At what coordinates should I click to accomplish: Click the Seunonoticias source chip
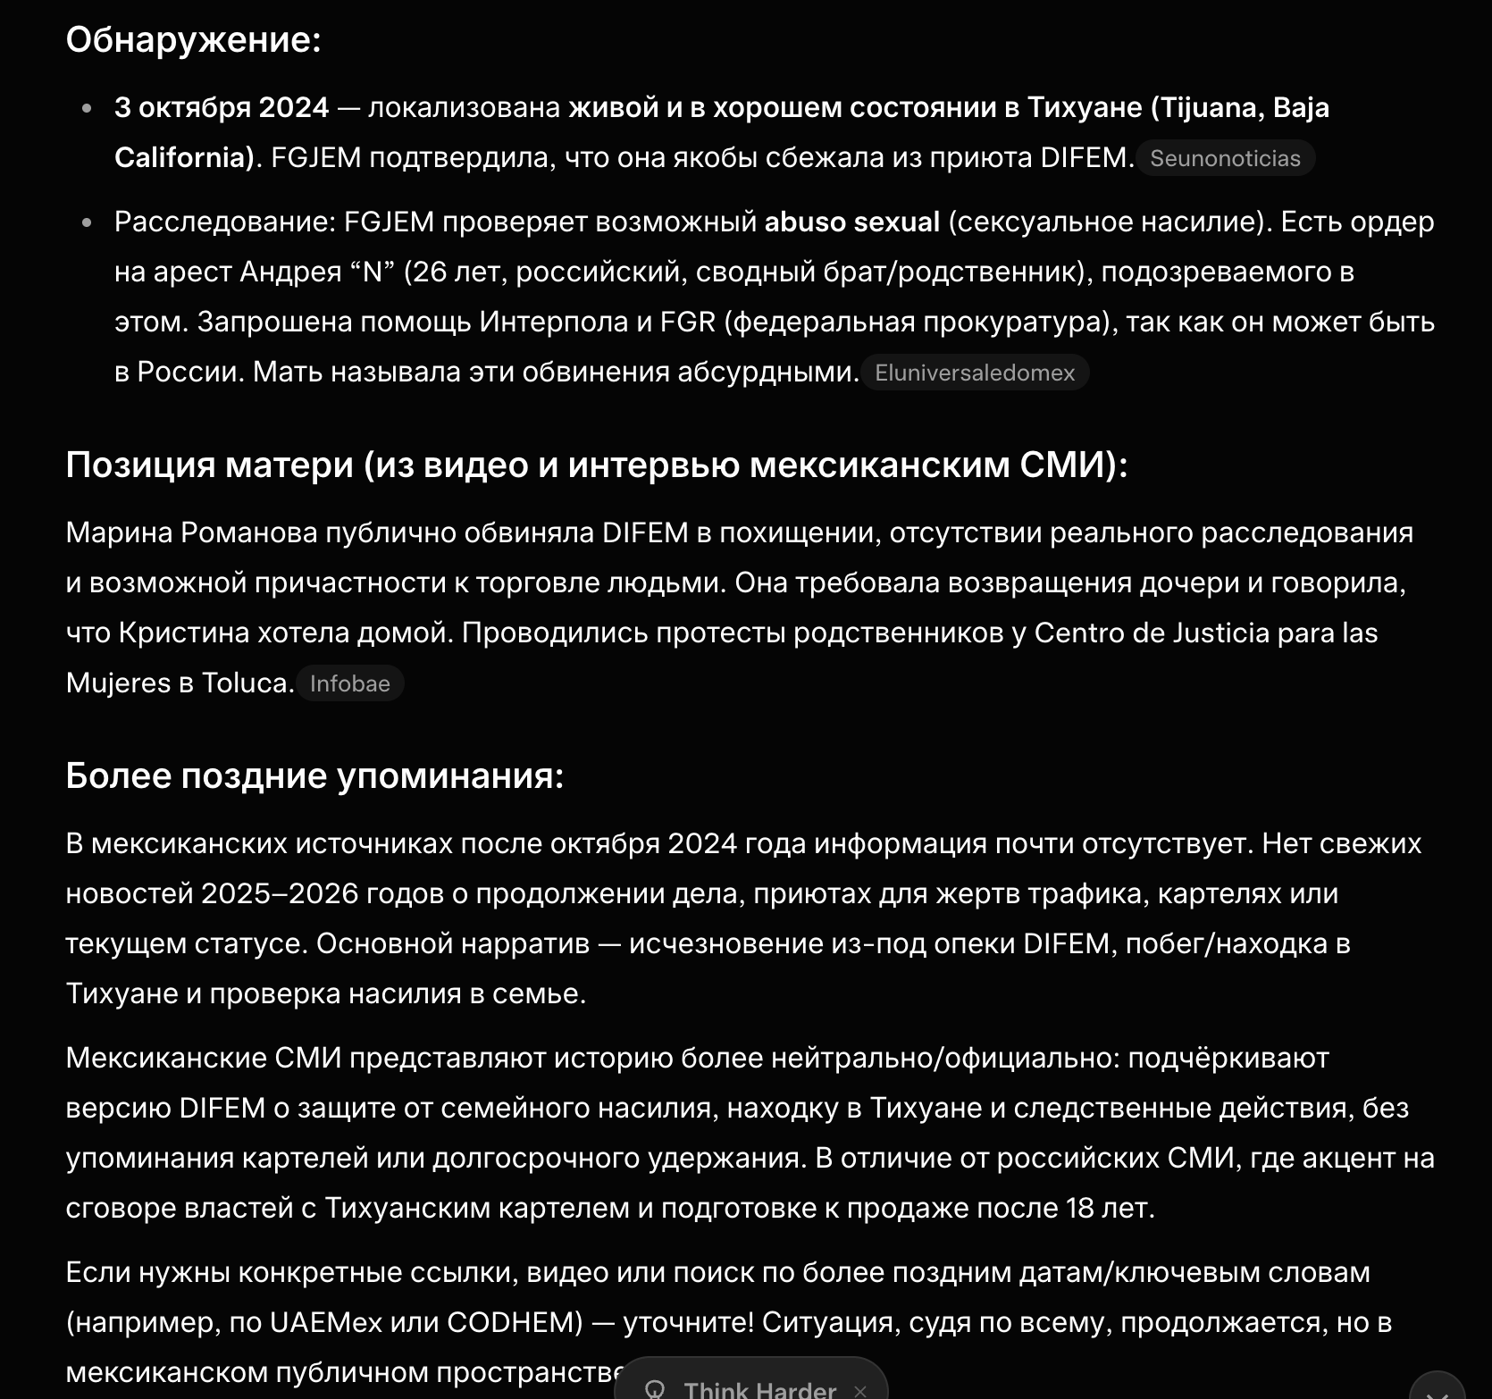click(x=1225, y=158)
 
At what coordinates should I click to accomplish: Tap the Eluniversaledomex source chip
click(x=974, y=373)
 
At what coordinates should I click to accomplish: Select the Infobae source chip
click(x=349, y=683)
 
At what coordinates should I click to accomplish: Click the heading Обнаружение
click(x=193, y=39)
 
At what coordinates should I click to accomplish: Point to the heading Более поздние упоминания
click(x=314, y=775)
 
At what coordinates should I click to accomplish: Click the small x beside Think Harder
click(x=859, y=1390)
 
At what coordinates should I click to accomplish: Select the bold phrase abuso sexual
click(x=851, y=222)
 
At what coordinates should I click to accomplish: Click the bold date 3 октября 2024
click(x=222, y=107)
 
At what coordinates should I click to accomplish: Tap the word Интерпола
click(x=553, y=322)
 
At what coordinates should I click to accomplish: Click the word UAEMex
click(x=326, y=1322)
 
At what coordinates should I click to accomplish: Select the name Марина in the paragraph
click(x=119, y=532)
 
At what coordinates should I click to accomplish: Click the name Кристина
click(x=184, y=632)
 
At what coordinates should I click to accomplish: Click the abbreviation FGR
click(x=687, y=322)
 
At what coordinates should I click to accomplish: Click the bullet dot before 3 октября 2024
click(x=87, y=108)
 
